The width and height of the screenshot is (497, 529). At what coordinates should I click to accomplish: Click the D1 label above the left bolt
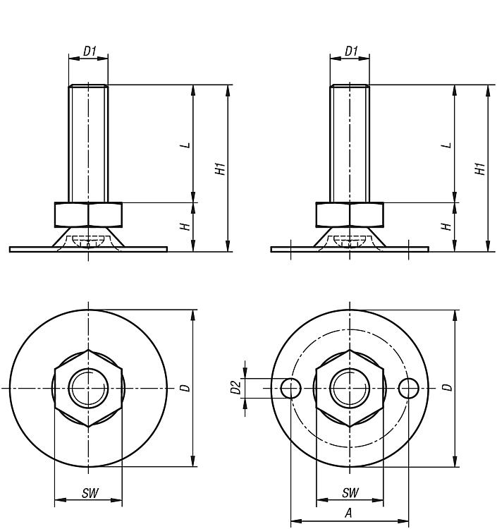[90, 51]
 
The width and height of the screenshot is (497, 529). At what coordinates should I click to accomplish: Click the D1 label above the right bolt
[351, 51]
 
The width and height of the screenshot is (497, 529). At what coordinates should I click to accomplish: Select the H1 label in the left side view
[220, 169]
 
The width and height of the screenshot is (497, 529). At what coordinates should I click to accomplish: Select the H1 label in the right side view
[480, 169]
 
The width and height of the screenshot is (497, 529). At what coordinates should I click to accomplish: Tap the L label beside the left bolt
[185, 145]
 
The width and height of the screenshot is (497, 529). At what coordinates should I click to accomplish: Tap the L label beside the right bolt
[447, 145]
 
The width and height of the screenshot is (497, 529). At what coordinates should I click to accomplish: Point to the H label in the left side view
[185, 226]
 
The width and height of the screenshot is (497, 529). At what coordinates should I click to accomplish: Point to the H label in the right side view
[446, 226]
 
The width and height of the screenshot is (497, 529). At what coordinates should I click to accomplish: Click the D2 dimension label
[236, 387]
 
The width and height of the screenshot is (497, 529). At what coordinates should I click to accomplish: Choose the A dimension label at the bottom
[349, 513]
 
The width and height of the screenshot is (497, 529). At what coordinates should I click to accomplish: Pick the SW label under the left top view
[90, 493]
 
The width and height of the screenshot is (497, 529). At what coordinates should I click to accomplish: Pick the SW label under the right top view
[350, 492]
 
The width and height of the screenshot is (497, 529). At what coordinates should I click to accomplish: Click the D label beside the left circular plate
[185, 388]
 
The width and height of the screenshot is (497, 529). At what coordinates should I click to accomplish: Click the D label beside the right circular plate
[447, 388]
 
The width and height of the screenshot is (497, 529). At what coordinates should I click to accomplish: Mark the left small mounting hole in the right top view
[290, 389]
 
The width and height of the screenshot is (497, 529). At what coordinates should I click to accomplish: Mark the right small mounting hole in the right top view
[409, 389]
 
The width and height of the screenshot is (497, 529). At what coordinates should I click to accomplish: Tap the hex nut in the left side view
[88, 214]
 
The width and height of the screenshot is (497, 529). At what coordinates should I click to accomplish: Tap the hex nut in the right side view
[350, 214]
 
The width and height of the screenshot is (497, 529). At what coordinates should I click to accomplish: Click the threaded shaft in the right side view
[350, 143]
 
